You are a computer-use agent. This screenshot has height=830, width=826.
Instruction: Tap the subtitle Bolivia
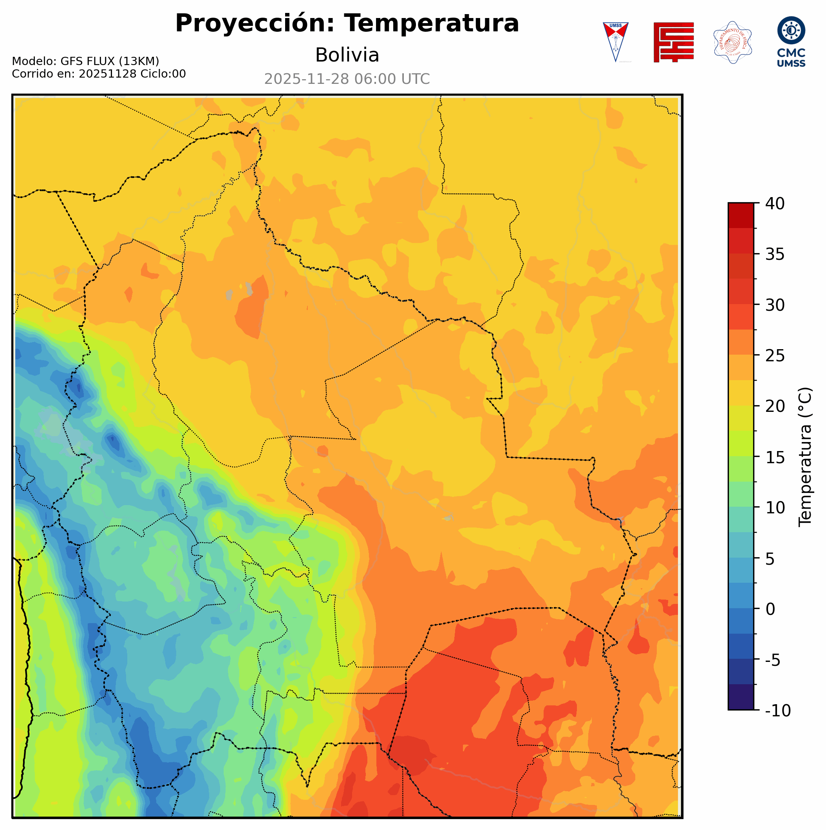(347, 55)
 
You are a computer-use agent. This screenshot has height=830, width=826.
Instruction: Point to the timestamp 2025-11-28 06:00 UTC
(347, 80)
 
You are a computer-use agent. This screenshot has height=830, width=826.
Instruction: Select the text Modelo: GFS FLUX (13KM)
(85, 62)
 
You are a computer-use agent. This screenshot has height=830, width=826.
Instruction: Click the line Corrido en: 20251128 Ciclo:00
(99, 74)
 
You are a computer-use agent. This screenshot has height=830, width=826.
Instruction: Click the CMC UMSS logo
(791, 42)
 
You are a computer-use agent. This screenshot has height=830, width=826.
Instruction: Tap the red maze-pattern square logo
(673, 42)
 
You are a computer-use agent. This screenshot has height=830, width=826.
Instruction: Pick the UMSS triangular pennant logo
(615, 42)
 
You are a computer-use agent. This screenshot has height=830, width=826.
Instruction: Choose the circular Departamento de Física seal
(732, 42)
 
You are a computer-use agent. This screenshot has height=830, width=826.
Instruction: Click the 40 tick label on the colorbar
(775, 204)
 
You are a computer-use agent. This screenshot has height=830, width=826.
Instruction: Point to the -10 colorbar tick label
(777, 710)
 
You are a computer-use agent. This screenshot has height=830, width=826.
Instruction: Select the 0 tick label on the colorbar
(770, 609)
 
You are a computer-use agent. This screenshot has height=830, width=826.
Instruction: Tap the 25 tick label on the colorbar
(775, 356)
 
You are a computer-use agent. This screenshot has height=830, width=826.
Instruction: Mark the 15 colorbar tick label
(775, 457)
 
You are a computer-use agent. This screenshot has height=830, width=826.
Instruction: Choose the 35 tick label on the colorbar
(775, 254)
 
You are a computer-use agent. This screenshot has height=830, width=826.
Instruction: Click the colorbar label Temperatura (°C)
(805, 457)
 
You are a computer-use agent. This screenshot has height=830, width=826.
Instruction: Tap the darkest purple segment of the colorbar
(741, 698)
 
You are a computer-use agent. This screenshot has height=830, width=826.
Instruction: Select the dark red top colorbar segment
(741, 215)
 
